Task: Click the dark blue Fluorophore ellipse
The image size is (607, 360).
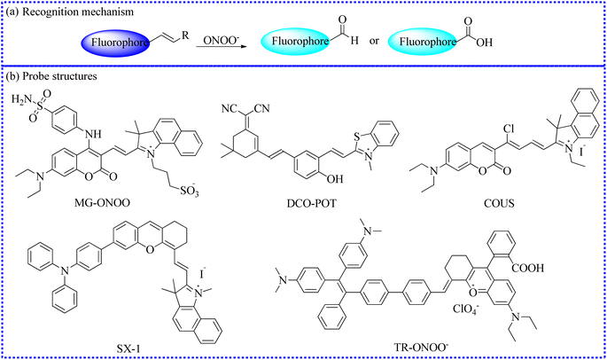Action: point(116,42)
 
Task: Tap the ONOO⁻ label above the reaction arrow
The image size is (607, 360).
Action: point(222,40)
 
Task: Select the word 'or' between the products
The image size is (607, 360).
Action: point(374,41)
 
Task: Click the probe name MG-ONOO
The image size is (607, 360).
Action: point(102,203)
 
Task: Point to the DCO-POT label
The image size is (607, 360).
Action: point(312,203)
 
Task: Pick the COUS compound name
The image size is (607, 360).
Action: point(499,203)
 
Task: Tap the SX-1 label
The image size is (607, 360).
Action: point(128,348)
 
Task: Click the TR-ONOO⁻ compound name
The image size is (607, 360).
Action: point(421,347)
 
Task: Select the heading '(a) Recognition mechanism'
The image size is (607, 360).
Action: point(70,12)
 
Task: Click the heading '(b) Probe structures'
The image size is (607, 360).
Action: point(51,76)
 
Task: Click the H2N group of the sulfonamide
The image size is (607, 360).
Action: point(22,100)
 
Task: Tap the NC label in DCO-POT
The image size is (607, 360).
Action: point(230,109)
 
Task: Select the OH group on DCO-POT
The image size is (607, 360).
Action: point(335,178)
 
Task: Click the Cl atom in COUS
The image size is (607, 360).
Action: point(509,129)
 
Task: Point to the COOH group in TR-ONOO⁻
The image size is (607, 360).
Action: point(528,268)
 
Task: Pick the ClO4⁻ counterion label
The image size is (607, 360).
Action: point(466,309)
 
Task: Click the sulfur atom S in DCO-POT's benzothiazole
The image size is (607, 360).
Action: point(357,136)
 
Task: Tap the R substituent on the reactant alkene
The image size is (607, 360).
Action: point(185,35)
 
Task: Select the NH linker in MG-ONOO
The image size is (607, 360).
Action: point(93,134)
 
